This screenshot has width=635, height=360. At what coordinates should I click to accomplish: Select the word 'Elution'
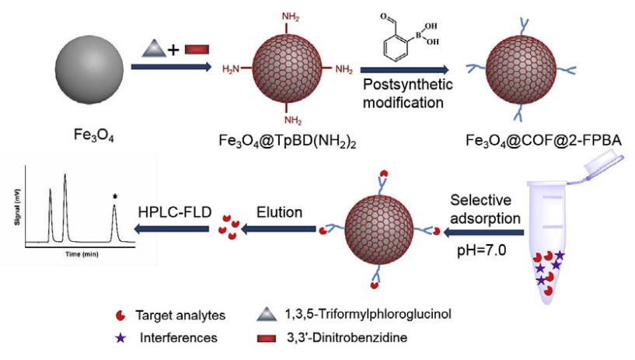[280, 210]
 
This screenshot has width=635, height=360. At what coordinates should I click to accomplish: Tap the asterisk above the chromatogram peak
[115, 197]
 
